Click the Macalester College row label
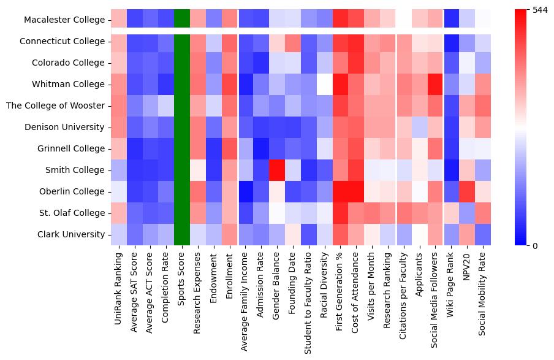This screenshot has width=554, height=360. point(64,20)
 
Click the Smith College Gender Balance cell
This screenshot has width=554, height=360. point(278,170)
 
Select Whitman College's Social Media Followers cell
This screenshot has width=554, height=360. point(437,84)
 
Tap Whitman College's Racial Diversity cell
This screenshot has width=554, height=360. point(325,84)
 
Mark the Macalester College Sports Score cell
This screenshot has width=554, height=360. point(182,20)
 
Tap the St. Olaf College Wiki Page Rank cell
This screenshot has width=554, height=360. point(453,213)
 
